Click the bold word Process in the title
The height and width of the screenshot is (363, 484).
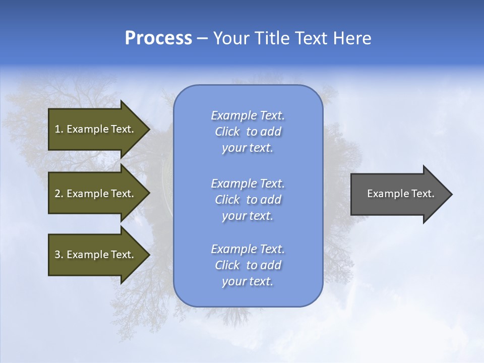pyautogui.click(x=158, y=38)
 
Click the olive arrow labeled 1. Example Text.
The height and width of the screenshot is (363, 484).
pyautogui.click(x=96, y=129)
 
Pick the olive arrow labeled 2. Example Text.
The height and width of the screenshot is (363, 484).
pyautogui.click(x=96, y=194)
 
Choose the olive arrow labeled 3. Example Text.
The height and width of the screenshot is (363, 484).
pyautogui.click(x=96, y=255)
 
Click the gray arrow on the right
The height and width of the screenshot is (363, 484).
pyautogui.click(x=398, y=194)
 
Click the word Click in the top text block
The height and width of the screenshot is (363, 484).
pyautogui.click(x=227, y=132)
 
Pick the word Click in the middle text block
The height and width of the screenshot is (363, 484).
pyautogui.click(x=227, y=200)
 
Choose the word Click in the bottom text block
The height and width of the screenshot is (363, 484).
pyautogui.click(x=227, y=265)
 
